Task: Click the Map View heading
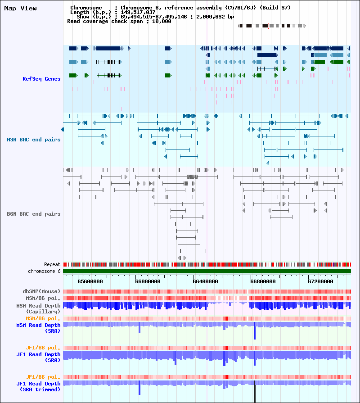pos(20,9)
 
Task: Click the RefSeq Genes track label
pos(41,79)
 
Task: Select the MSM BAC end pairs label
pos(34,140)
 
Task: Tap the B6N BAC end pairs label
pos(34,214)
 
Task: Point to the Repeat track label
pos(52,264)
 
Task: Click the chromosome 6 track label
pos(44,271)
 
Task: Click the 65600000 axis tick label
pos(90,281)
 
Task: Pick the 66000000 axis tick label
pos(148,281)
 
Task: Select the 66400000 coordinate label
pos(205,281)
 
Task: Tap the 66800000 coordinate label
pos(263,281)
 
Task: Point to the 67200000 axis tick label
pos(320,281)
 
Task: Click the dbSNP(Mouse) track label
pos(41,291)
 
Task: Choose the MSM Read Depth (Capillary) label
pos(38,308)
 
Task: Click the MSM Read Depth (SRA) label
pos(38,328)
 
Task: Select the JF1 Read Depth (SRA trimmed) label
pos(38,386)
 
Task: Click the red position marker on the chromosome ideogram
pos(268,26)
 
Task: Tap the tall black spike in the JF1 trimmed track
pos(254,391)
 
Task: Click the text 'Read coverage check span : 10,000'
pos(119,21)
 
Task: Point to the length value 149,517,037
pos(138,12)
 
